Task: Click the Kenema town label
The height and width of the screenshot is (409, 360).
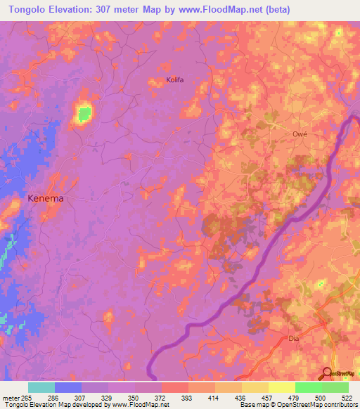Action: click(x=45, y=198)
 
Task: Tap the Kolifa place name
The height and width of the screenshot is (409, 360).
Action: click(x=174, y=80)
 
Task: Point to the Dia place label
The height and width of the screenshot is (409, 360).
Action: click(x=294, y=338)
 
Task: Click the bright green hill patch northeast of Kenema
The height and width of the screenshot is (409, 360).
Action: click(x=84, y=113)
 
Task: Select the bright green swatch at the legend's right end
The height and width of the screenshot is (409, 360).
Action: click(x=335, y=387)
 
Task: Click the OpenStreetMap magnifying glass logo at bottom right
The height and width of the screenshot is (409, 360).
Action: click(x=327, y=372)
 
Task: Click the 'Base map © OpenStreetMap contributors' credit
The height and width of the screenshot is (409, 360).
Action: click(x=299, y=405)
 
